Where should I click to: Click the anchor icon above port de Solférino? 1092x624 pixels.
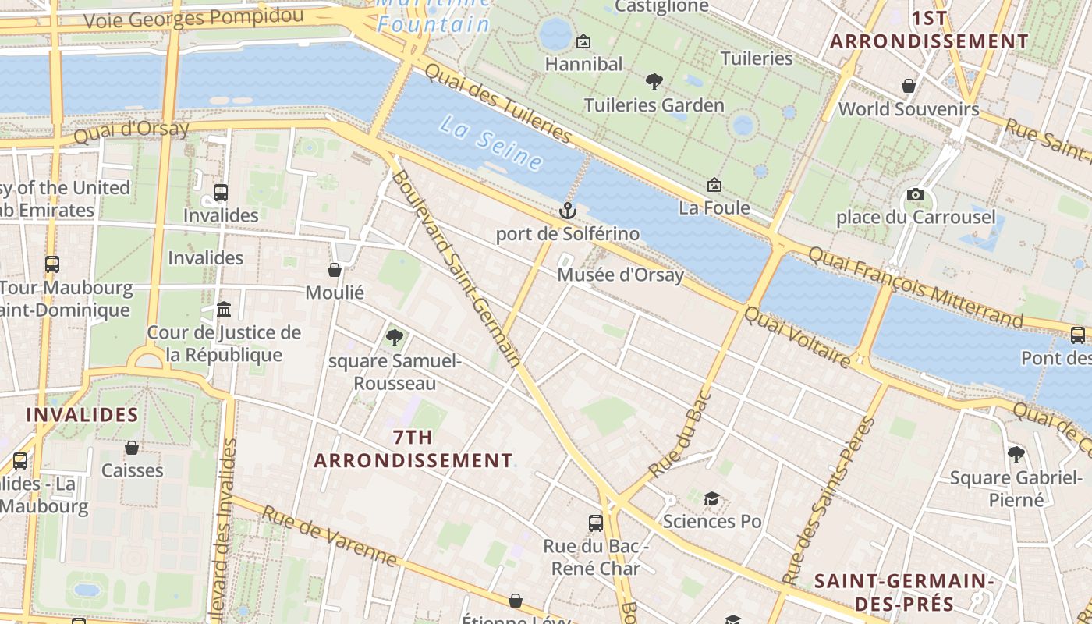click(568, 211)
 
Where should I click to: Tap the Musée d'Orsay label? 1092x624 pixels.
click(620, 275)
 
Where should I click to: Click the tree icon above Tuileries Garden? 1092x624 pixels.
click(654, 81)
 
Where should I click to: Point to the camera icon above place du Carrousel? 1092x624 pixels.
click(916, 194)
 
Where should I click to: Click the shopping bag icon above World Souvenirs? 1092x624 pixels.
click(909, 85)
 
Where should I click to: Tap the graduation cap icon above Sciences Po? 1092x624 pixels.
click(711, 498)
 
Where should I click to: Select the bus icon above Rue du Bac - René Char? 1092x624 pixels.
click(596, 523)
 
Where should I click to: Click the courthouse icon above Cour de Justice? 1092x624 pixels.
click(224, 310)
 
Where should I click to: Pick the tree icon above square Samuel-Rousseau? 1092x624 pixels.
click(395, 338)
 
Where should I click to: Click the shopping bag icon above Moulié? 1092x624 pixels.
click(335, 270)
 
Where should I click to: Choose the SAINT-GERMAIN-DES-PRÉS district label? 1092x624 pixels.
click(903, 592)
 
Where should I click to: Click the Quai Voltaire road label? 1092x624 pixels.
click(796, 337)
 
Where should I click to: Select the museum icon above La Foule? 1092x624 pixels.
click(714, 185)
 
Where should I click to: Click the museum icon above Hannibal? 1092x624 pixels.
click(583, 41)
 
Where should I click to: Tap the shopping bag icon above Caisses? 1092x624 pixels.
click(132, 448)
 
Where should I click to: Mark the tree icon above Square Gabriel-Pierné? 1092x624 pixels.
click(1016, 454)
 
